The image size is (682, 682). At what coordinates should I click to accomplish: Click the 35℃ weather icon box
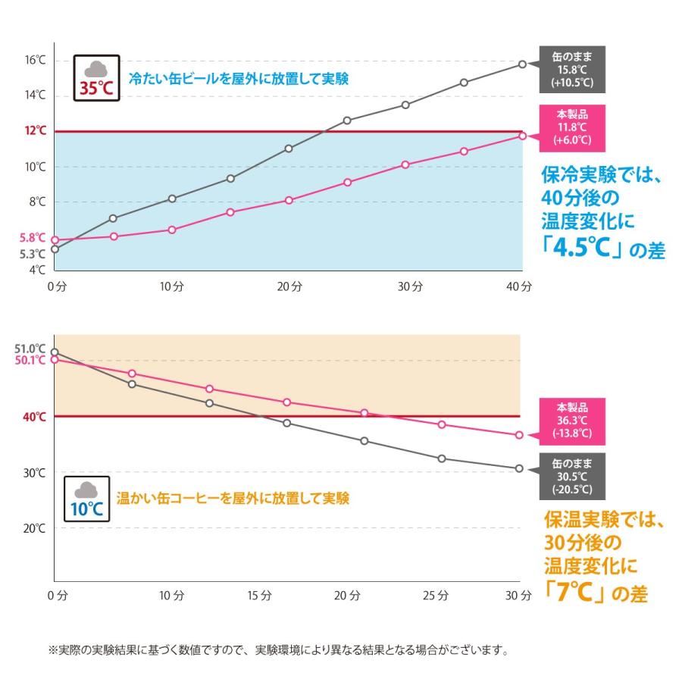click(x=96, y=76)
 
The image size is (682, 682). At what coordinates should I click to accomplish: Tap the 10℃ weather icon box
click(x=87, y=499)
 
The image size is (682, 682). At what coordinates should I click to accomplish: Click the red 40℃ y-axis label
click(x=33, y=417)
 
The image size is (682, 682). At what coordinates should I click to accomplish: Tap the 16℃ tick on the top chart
click(x=34, y=60)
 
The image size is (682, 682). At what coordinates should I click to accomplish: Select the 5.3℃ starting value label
click(x=33, y=254)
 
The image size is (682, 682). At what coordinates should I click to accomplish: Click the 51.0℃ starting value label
click(x=30, y=349)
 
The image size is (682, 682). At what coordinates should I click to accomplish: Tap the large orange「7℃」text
click(x=580, y=591)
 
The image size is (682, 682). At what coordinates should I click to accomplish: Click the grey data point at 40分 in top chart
click(x=522, y=64)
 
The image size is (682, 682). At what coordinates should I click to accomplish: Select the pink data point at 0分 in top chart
click(x=55, y=240)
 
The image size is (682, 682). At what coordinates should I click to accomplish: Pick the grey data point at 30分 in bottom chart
click(x=519, y=468)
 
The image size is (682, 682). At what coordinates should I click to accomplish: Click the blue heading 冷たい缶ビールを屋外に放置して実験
click(x=239, y=78)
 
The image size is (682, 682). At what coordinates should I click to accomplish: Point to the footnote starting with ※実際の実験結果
click(x=277, y=650)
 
